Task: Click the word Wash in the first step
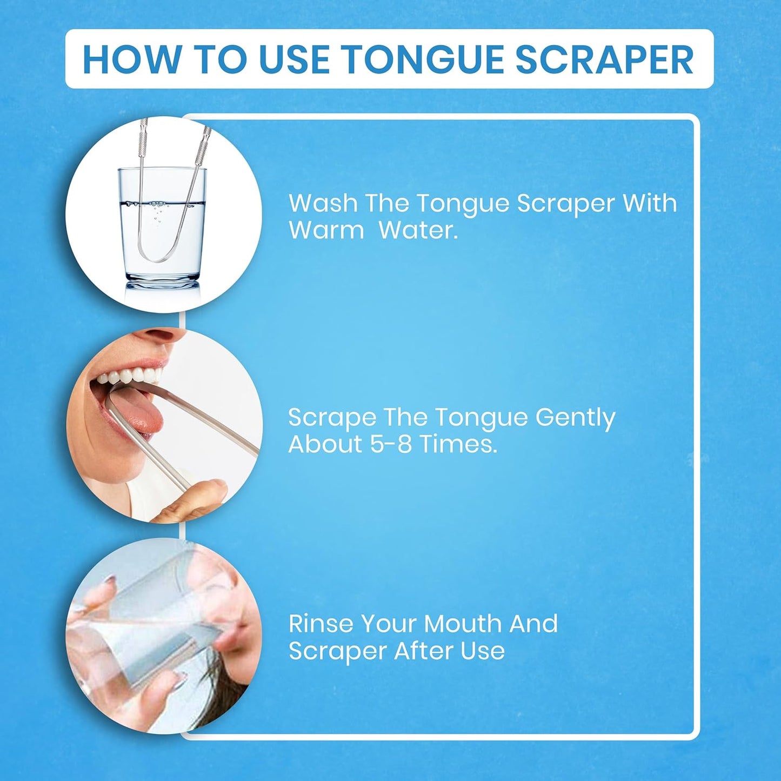(323, 203)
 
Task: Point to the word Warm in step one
(326, 230)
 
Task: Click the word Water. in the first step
(418, 230)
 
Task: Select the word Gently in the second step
(575, 418)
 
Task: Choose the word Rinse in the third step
(321, 624)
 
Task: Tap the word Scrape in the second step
(332, 418)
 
